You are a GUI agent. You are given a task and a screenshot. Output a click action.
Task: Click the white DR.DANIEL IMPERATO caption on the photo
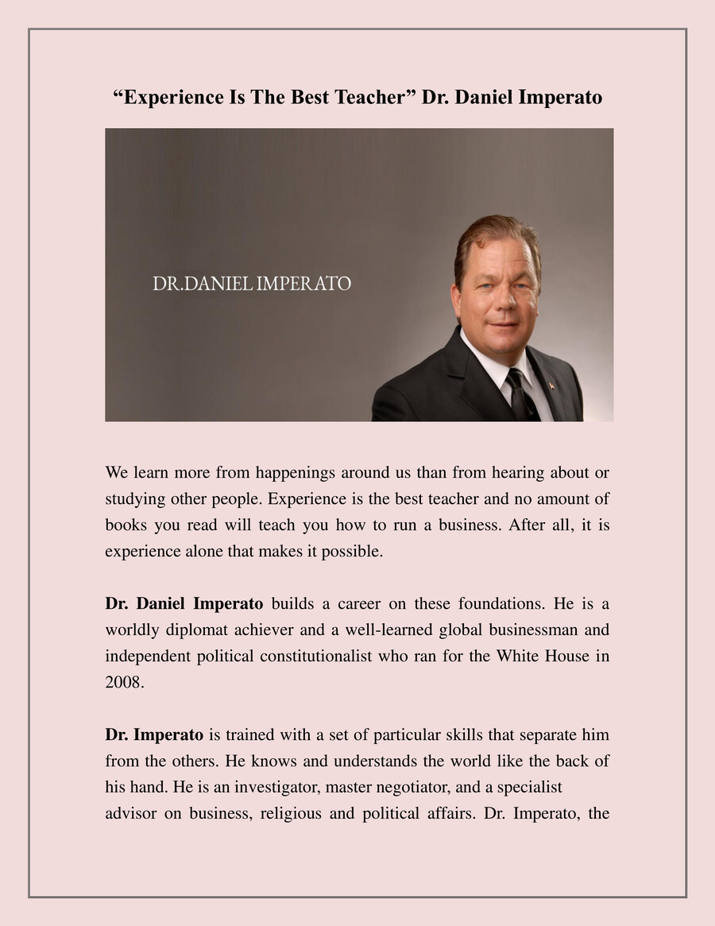[252, 284]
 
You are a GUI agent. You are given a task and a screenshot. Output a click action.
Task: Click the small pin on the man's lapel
[551, 386]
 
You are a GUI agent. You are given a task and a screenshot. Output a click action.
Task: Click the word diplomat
[198, 630]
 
